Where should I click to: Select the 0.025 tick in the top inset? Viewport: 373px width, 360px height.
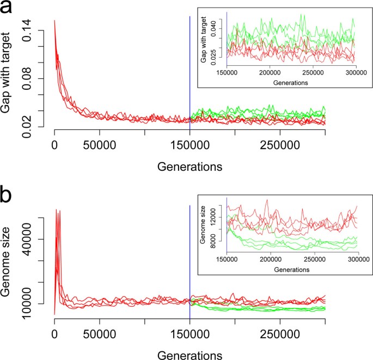[218, 53]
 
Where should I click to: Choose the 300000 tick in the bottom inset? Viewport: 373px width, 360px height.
[356, 259]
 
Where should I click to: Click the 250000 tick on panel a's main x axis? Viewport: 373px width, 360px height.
[279, 147]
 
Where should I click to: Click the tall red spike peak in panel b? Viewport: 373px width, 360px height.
[56, 210]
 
